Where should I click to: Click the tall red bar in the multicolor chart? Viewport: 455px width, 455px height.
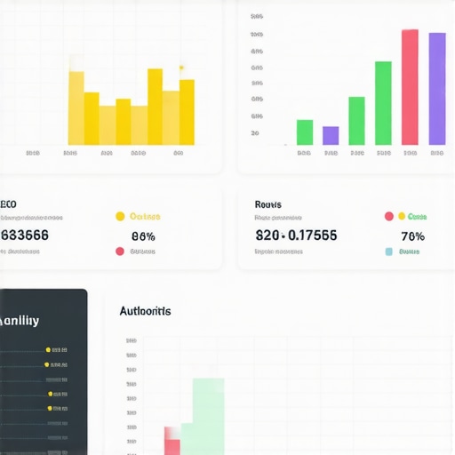pyautogui.click(x=410, y=87)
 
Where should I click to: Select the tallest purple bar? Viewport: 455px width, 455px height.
pyautogui.click(x=437, y=89)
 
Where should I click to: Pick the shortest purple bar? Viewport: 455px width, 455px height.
pyautogui.click(x=331, y=135)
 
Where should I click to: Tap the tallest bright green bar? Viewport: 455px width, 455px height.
pyautogui.click(x=383, y=102)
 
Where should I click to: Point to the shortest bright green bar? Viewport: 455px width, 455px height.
pyautogui.click(x=305, y=132)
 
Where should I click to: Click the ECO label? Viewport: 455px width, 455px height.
pyautogui.click(x=9, y=203)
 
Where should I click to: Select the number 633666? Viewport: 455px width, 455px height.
pyautogui.click(x=25, y=235)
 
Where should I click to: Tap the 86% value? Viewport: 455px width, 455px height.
pyautogui.click(x=143, y=236)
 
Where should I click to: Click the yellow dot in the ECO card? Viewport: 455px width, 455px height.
pyautogui.click(x=120, y=216)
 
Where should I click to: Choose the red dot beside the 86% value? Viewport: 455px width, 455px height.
pyautogui.click(x=120, y=251)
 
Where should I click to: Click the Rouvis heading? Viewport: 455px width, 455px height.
pyautogui.click(x=267, y=204)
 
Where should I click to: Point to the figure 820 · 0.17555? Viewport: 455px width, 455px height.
pyautogui.click(x=296, y=236)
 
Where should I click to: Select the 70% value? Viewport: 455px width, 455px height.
pyautogui.click(x=412, y=236)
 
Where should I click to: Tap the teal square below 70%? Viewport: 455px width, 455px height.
pyautogui.click(x=388, y=251)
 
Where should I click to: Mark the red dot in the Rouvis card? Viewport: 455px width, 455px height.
pyautogui.click(x=388, y=216)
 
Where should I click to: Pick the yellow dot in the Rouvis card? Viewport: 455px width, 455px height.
pyautogui.click(x=401, y=216)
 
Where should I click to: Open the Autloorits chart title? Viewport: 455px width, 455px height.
pyautogui.click(x=145, y=311)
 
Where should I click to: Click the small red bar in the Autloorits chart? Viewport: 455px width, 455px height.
pyautogui.click(x=172, y=441)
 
